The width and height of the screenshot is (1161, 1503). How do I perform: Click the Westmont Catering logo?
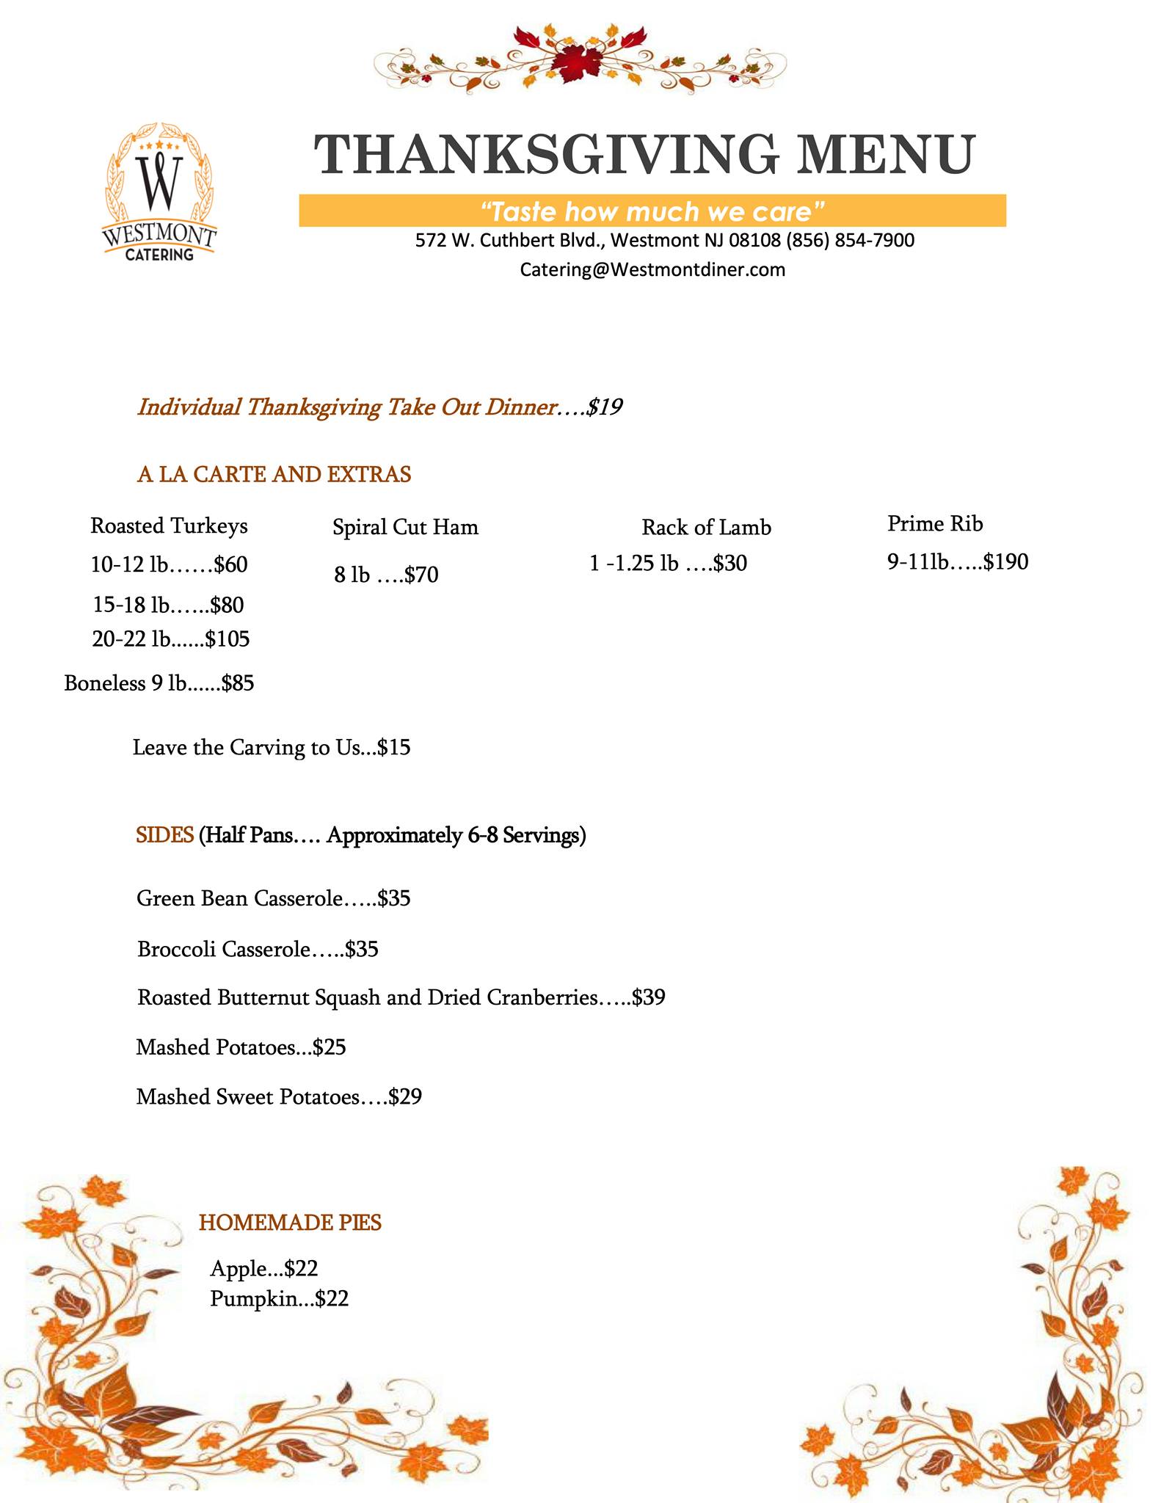tap(160, 193)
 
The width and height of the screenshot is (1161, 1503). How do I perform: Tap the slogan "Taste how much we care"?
tap(652, 211)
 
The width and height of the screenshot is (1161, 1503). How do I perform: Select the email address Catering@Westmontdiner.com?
tap(652, 269)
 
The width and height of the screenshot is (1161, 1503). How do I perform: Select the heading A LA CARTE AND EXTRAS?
tap(274, 474)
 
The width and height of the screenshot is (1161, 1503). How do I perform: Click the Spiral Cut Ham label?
tap(405, 527)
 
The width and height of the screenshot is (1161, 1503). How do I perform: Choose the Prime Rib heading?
tap(934, 523)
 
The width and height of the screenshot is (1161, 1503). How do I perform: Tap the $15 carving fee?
tap(394, 748)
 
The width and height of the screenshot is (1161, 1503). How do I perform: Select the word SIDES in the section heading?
tap(164, 835)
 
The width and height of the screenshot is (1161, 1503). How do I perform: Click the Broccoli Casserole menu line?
tap(257, 950)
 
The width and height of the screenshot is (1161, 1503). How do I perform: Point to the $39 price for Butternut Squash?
tap(648, 997)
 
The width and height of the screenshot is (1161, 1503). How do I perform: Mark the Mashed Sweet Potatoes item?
tap(279, 1096)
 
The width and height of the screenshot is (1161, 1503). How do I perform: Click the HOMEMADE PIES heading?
tap(290, 1222)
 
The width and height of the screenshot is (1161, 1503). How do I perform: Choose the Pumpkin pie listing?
tap(279, 1298)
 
